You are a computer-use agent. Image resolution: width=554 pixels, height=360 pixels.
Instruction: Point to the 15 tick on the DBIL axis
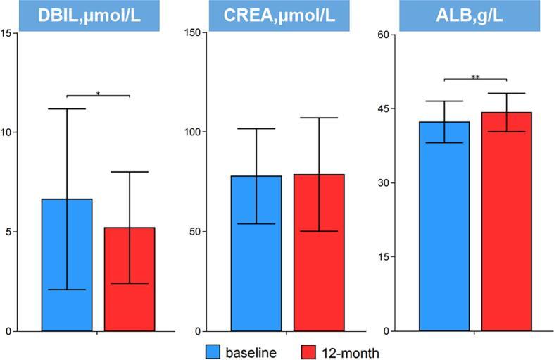(7, 32)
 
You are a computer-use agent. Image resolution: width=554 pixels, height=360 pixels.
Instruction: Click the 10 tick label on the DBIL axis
(7, 132)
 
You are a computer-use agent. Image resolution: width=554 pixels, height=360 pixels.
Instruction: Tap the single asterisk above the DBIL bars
(98, 92)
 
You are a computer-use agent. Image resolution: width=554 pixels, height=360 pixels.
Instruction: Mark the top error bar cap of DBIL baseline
(67, 109)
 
